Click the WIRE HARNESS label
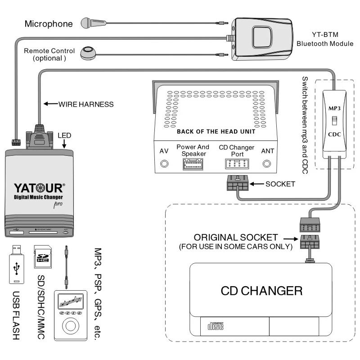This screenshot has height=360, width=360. pos(85,104)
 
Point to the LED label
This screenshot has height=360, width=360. pos(64,135)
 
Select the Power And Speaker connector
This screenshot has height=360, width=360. pos(193,164)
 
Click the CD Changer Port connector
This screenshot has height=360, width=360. pos(237,164)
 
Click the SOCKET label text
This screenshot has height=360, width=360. pos(281,184)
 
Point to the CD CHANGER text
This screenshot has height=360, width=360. pos(261,290)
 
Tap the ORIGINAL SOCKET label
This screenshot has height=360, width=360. pos(236,237)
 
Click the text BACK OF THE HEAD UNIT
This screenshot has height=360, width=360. pos(216,131)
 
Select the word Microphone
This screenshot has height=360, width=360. pos(48,23)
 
